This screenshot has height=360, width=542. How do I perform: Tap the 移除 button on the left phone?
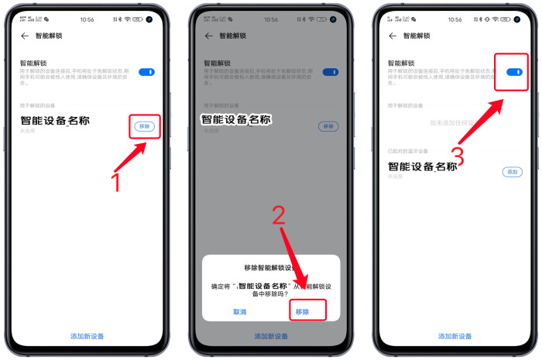click(x=145, y=125)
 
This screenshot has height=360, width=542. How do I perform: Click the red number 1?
click(x=116, y=182)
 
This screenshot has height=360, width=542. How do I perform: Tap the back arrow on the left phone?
click(x=25, y=36)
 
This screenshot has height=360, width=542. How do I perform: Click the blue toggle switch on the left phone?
click(x=146, y=72)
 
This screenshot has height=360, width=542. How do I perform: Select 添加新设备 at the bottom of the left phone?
click(x=87, y=336)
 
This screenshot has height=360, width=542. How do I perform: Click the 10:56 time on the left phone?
click(x=87, y=19)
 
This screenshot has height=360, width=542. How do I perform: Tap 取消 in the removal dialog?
click(x=240, y=311)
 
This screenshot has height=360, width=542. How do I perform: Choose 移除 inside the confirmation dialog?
click(x=302, y=311)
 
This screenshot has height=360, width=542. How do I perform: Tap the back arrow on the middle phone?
click(x=208, y=36)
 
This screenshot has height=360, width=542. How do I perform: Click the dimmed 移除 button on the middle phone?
click(x=328, y=126)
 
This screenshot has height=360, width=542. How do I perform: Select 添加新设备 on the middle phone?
click(x=271, y=336)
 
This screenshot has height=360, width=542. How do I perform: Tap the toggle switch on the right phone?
click(x=513, y=72)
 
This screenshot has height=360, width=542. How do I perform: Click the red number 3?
click(x=458, y=157)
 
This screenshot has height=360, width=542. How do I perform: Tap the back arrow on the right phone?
click(x=393, y=36)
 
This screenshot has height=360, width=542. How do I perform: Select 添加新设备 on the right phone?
click(x=455, y=336)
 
